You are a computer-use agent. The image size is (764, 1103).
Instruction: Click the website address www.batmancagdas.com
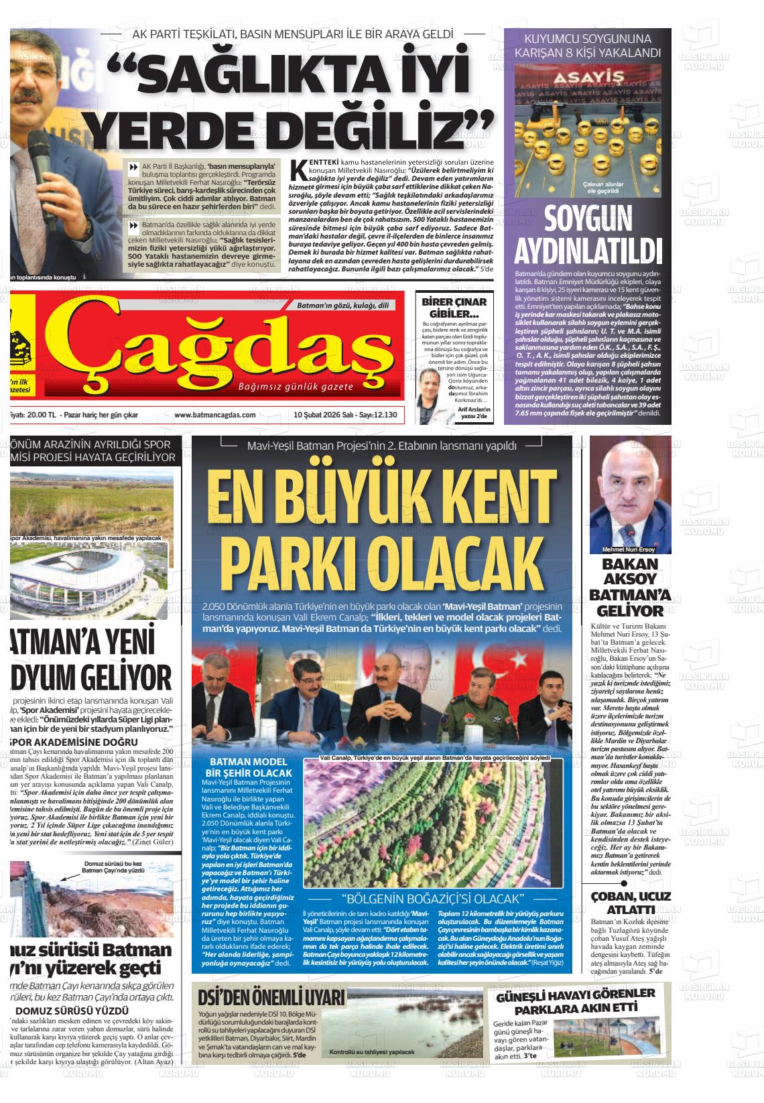point(214,415)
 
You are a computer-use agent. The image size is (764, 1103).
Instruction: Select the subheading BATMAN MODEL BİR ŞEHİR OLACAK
point(249,767)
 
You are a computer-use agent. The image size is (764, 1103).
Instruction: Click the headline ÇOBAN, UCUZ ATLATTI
point(631,903)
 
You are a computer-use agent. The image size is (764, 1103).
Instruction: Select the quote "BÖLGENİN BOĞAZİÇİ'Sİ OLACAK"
point(432,898)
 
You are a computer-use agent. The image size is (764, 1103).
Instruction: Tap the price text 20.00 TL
point(41,415)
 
